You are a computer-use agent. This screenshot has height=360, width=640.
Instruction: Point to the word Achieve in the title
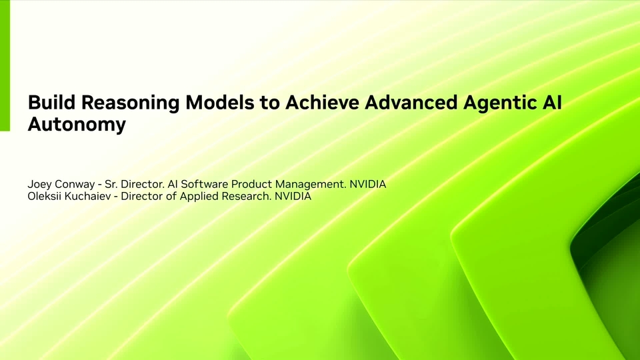(323, 102)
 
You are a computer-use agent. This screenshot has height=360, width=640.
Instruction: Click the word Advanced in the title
(411, 102)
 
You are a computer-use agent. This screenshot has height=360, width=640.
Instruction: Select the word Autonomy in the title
(77, 125)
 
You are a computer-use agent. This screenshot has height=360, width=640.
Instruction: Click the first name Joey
(39, 185)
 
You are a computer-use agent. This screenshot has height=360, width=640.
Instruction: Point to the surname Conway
(74, 185)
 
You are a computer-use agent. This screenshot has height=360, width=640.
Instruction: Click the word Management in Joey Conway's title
(311, 185)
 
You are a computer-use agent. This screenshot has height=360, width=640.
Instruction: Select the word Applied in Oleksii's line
(197, 197)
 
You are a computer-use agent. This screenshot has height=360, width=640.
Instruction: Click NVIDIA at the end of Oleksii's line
(293, 196)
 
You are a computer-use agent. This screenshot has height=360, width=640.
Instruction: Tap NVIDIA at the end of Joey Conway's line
(368, 184)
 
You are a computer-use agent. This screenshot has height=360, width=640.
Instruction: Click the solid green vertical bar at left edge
(5, 65)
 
